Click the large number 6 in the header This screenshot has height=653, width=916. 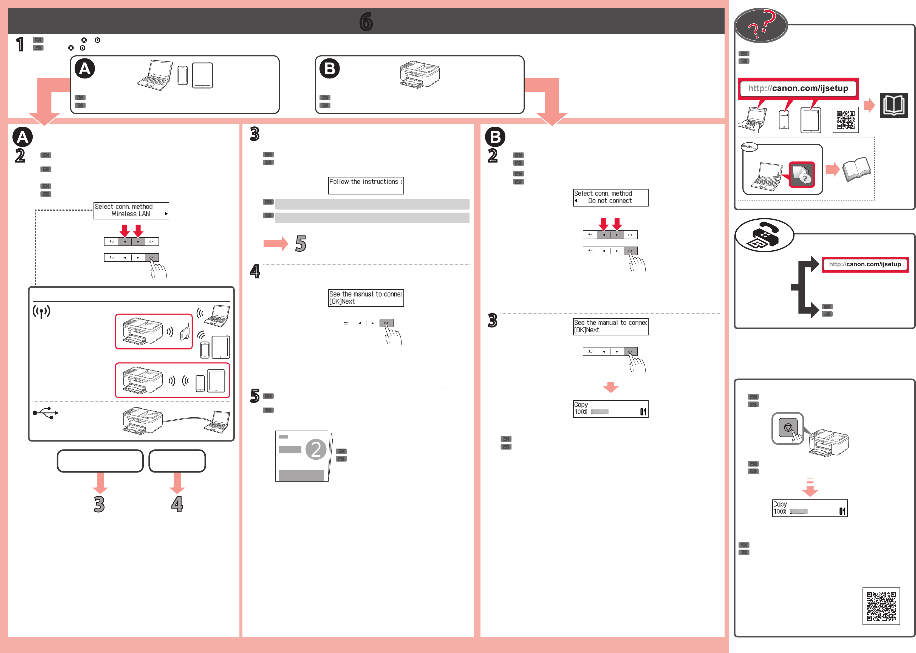[366, 21]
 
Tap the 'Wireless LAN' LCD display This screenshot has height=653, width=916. [131, 210]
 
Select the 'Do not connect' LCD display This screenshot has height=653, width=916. [610, 197]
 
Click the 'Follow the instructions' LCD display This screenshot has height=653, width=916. [366, 185]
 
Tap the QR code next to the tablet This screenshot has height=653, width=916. [845, 120]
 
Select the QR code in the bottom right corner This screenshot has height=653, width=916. [881, 606]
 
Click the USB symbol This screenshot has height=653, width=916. [46, 413]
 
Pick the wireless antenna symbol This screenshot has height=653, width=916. [41, 311]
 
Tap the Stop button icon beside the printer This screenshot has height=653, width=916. [788, 427]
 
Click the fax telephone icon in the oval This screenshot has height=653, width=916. [764, 235]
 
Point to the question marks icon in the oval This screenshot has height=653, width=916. [761, 25]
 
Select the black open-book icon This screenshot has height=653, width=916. [894, 105]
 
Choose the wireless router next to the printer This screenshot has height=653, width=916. [185, 332]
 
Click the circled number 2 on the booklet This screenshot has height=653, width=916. [316, 449]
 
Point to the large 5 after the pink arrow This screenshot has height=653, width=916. [300, 243]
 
